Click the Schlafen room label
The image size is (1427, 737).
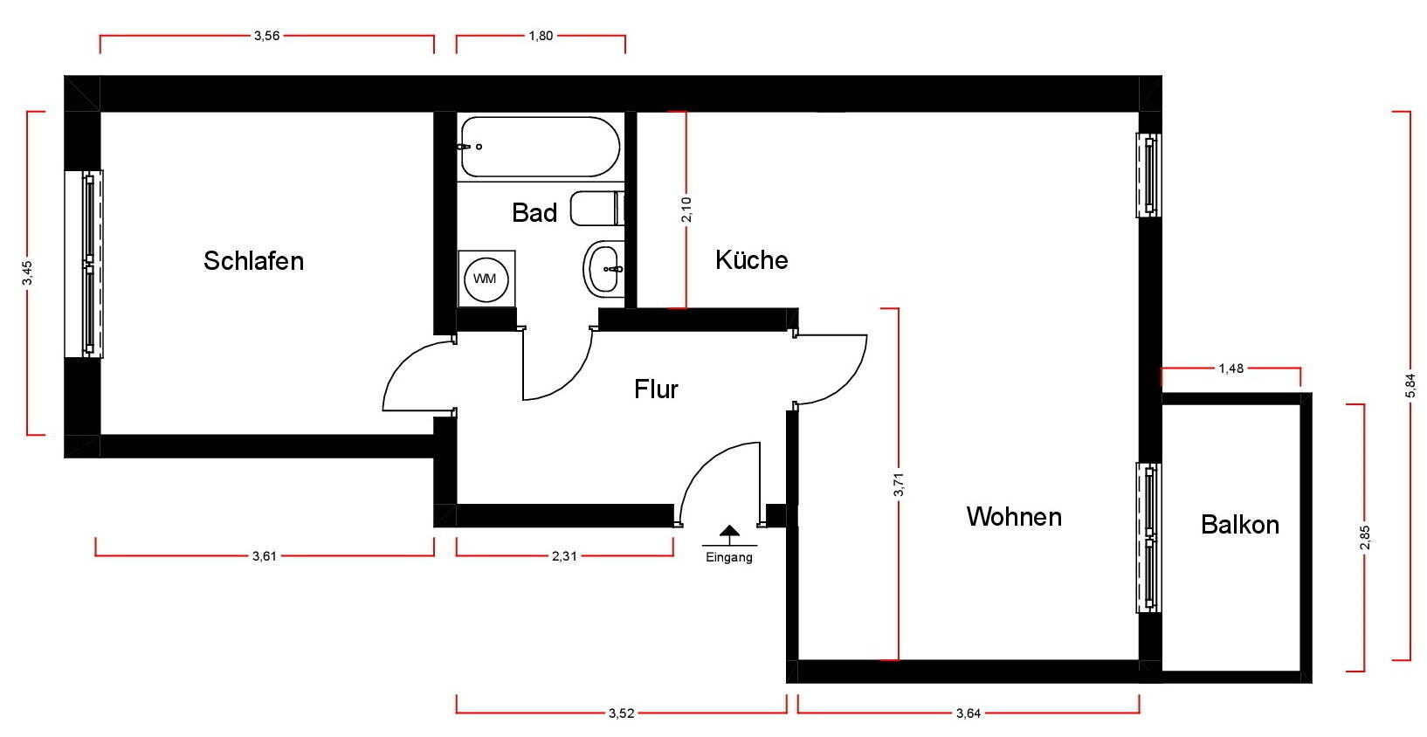(x=253, y=260)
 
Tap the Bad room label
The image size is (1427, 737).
(x=534, y=212)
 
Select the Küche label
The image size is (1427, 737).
(x=751, y=259)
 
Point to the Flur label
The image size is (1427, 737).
(x=656, y=389)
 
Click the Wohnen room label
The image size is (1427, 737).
(x=1014, y=516)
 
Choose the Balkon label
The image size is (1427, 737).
(x=1239, y=524)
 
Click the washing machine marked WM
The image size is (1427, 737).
(x=486, y=279)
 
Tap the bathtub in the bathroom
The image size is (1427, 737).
(x=540, y=147)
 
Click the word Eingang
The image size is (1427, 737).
(x=729, y=557)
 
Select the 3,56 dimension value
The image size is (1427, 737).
(x=266, y=36)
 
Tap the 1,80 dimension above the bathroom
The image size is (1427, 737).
(x=541, y=36)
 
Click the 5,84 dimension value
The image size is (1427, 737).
(x=1410, y=385)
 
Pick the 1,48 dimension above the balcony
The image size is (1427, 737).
(x=1231, y=368)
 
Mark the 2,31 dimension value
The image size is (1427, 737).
(x=564, y=555)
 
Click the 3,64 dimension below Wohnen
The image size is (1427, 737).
(x=969, y=713)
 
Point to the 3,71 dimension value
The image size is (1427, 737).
(x=899, y=484)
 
